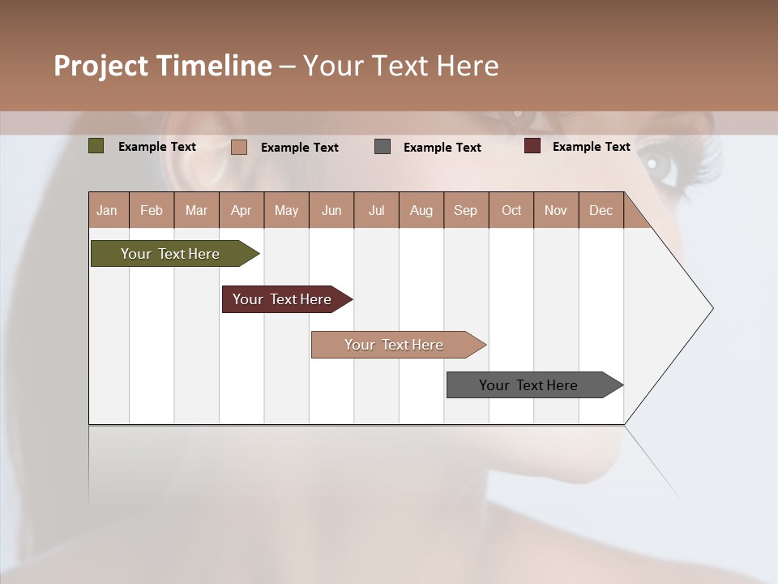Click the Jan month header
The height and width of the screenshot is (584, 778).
pyautogui.click(x=107, y=210)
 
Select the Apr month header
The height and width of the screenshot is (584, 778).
pyautogui.click(x=241, y=210)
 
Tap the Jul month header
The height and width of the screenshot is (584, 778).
pyautogui.click(x=376, y=210)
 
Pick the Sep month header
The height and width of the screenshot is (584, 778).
pyautogui.click(x=465, y=210)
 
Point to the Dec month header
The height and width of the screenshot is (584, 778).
pyautogui.click(x=601, y=210)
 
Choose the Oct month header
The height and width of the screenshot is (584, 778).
pyautogui.click(x=511, y=210)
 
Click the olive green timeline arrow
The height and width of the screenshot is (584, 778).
pyautogui.click(x=170, y=254)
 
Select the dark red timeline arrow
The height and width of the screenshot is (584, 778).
pyautogui.click(x=282, y=299)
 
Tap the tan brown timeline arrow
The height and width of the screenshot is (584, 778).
pyautogui.click(x=394, y=345)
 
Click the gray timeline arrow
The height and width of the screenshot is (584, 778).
pyautogui.click(x=528, y=385)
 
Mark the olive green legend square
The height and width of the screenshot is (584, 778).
pyautogui.click(x=96, y=146)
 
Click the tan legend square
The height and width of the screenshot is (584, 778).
pyautogui.click(x=238, y=147)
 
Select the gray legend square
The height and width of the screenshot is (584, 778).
pyautogui.click(x=383, y=147)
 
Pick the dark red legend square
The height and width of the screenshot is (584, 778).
pyautogui.click(x=532, y=146)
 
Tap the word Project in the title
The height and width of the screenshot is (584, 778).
pyautogui.click(x=100, y=66)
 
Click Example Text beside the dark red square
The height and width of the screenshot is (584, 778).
pyautogui.click(x=591, y=147)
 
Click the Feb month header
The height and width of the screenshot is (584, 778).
pyautogui.click(x=152, y=210)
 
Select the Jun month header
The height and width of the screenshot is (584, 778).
pyautogui.click(x=331, y=210)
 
